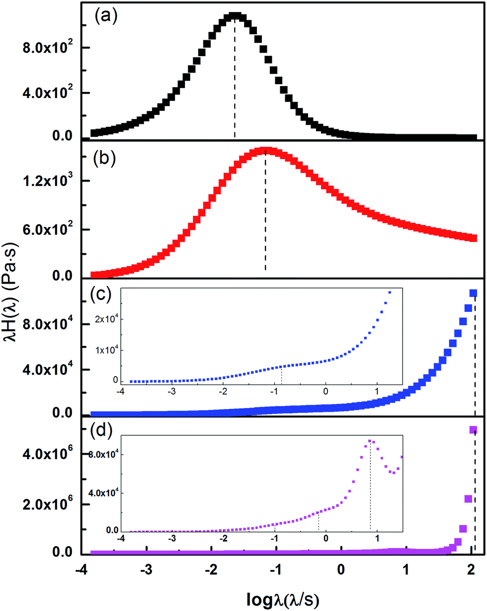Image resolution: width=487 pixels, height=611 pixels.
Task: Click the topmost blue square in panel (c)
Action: [x=473, y=293]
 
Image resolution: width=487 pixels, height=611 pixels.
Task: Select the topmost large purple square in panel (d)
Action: [x=473, y=430]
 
